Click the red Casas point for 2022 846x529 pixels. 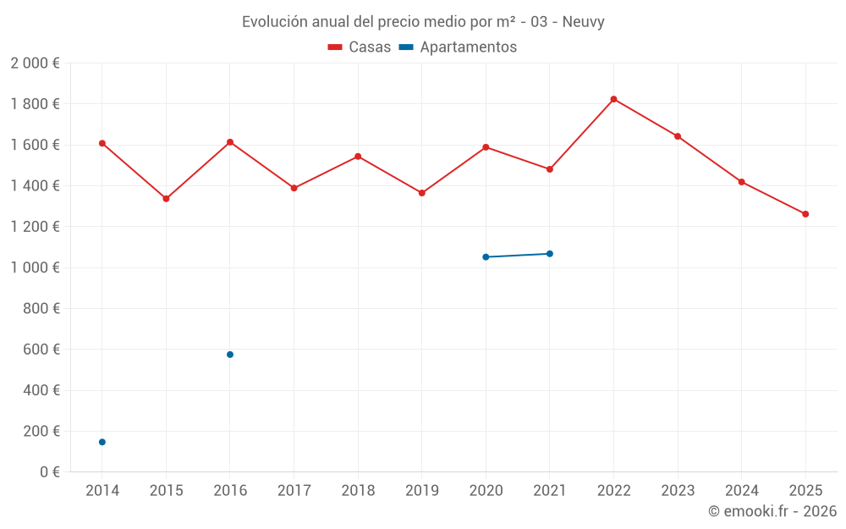pos(613,99)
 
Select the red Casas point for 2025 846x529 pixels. pos(805,214)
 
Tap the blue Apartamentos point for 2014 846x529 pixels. pos(102,442)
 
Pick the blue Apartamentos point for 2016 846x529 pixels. pos(230,355)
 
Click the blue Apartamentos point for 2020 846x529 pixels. pos(486,256)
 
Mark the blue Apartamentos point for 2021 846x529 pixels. pos(550,254)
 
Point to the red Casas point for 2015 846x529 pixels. pos(166,199)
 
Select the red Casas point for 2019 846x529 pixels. pos(422,193)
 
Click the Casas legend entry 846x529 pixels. pos(360,47)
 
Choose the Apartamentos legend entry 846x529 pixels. pos(458,47)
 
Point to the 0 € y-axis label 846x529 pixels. pos(50,471)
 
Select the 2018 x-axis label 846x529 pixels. pos(358,491)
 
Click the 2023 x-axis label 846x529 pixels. pos(678,491)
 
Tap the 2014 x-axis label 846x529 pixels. pos(102,491)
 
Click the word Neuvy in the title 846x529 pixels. pos(583,22)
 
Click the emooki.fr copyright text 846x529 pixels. pos(772,511)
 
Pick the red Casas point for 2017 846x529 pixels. pos(294,188)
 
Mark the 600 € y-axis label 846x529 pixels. pos(41,350)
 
